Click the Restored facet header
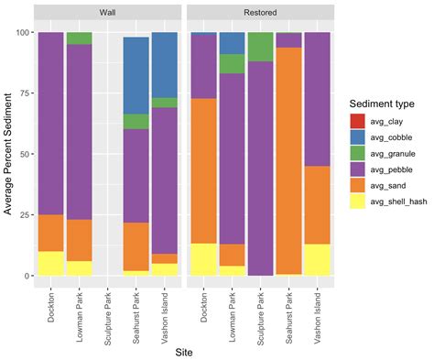coord(259,13)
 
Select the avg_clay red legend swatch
coord(359,120)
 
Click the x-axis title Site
coord(182,350)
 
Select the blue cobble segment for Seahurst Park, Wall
coord(136,75)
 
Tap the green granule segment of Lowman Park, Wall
coord(79,38)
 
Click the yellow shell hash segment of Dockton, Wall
coord(50,263)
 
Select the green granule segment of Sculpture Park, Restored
coord(260,47)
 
